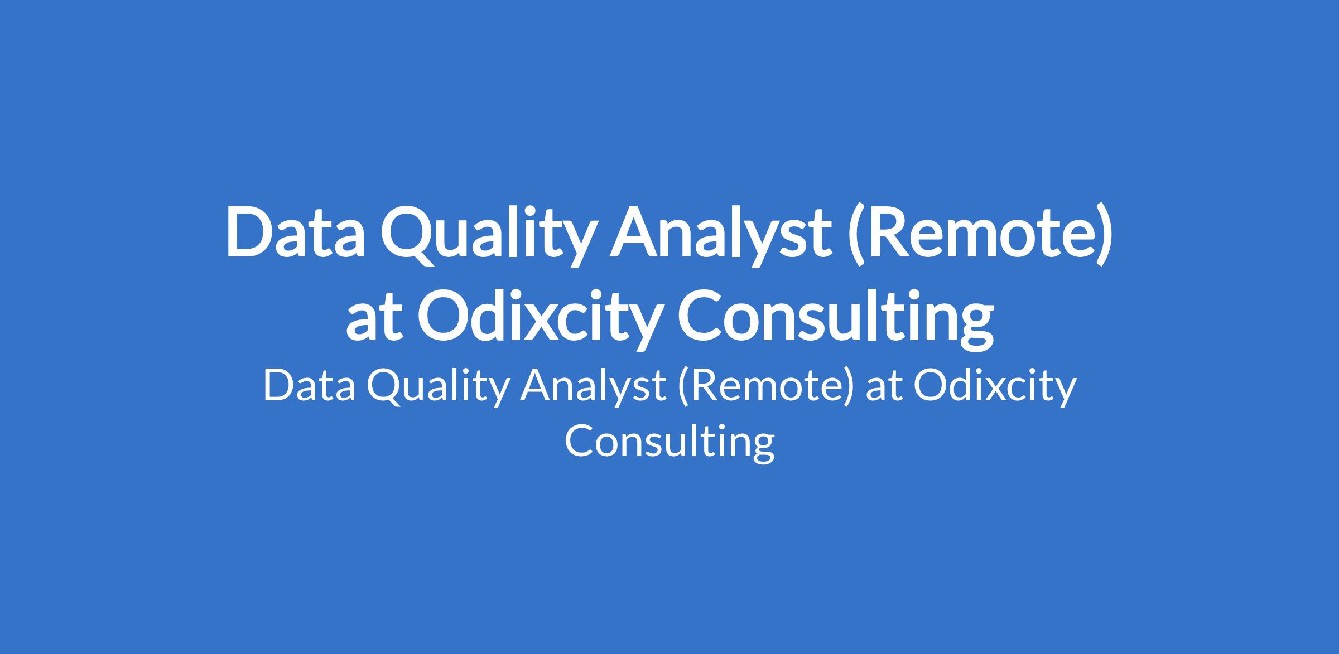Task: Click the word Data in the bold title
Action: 295,232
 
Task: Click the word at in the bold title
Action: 374,318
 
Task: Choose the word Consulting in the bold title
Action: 836,318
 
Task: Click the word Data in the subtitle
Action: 309,386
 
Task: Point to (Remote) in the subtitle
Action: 766,387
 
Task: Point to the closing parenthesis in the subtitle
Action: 849,387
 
